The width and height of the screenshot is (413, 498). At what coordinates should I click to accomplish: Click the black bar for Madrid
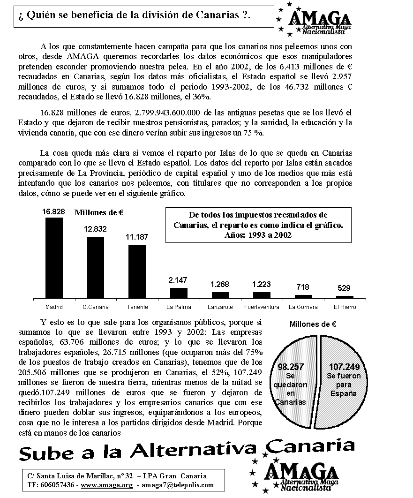(54, 258)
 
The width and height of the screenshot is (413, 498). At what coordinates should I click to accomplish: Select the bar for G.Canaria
(96, 267)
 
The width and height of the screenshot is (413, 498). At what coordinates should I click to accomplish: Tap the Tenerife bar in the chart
(137, 271)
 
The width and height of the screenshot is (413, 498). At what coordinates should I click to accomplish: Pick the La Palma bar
(179, 293)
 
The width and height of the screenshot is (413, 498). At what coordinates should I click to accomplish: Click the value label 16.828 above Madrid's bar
(53, 212)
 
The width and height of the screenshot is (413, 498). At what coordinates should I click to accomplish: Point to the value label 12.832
(95, 229)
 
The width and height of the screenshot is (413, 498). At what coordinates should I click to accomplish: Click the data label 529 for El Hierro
(345, 288)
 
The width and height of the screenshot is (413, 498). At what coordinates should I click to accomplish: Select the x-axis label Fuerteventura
(262, 307)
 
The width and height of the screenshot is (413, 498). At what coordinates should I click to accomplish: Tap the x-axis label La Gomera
(303, 307)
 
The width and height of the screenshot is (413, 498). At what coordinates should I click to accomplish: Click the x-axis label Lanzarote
(220, 307)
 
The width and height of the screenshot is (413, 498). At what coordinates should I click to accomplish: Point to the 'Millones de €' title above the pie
(313, 324)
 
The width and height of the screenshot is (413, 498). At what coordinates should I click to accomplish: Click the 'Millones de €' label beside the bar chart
(99, 212)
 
